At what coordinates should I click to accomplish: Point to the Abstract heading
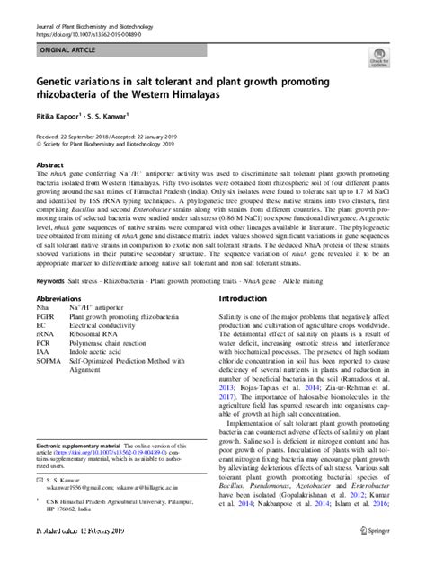[x=49, y=166]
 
